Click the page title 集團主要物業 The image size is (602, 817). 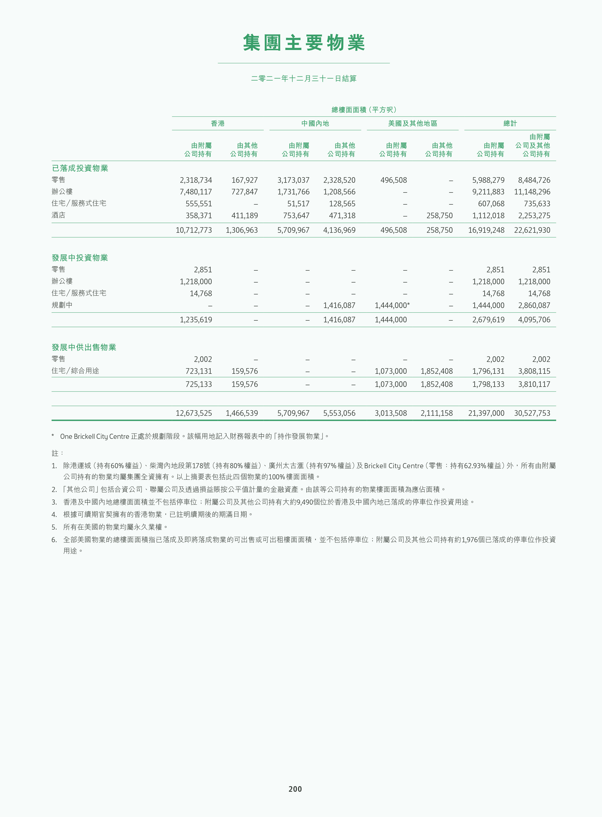point(304,43)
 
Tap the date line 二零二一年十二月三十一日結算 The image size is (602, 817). point(304,78)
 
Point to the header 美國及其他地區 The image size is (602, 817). point(412,124)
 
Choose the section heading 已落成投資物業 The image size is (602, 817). point(80,168)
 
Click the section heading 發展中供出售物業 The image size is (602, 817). point(84,347)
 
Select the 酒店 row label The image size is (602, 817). point(58,215)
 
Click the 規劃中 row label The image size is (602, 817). point(62,305)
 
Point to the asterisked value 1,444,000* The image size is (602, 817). point(392,305)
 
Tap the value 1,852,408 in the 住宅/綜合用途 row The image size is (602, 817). point(436,371)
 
